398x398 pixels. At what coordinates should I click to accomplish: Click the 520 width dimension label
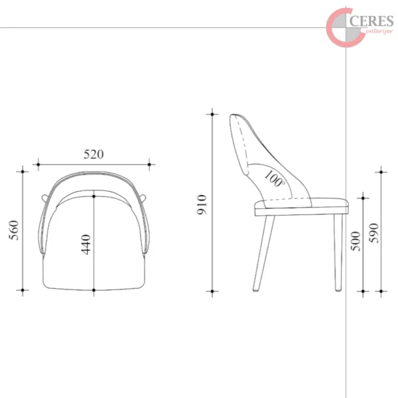tap(94, 155)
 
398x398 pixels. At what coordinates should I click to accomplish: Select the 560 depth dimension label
tap(14, 230)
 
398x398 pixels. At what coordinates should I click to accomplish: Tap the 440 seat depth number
tap(86, 244)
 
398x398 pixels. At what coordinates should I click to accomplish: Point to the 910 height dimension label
tap(202, 204)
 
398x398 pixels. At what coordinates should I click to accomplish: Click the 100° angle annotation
tap(274, 178)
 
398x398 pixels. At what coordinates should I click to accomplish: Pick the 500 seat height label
tap(356, 241)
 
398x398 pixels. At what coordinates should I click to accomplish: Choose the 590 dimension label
tap(373, 233)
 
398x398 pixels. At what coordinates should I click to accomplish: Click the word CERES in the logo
tap(371, 21)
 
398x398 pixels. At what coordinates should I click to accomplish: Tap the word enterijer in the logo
tap(380, 32)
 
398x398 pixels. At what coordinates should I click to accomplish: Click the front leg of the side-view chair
tap(338, 253)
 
